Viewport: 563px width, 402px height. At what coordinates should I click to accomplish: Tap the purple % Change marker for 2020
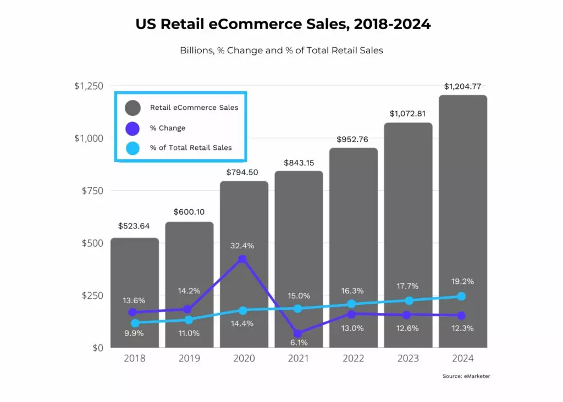[242, 259]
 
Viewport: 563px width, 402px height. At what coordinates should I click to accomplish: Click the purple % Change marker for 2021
[297, 333]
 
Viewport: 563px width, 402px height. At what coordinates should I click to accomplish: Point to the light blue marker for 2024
[461, 297]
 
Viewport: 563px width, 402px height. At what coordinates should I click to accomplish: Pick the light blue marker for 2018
[135, 323]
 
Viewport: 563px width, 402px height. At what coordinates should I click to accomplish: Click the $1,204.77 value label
[462, 86]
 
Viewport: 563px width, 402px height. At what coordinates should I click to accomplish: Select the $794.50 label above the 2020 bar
[244, 172]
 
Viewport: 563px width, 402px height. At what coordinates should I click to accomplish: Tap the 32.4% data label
[242, 245]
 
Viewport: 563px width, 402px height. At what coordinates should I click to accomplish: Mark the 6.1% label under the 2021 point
[299, 343]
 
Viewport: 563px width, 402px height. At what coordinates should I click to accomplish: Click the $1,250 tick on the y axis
[89, 86]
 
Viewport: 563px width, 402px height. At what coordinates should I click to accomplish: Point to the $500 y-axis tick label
[92, 243]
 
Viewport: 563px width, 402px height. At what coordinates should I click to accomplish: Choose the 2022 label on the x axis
[353, 359]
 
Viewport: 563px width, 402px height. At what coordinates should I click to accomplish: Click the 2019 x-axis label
[189, 359]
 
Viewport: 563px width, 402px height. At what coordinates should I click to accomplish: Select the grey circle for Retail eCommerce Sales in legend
[133, 108]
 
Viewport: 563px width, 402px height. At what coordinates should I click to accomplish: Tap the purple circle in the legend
[133, 128]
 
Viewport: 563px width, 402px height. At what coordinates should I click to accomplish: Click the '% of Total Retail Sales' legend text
[191, 148]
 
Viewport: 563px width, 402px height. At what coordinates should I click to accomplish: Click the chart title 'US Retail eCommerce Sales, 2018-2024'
[281, 24]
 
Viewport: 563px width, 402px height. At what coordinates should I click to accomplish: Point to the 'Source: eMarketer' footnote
[466, 376]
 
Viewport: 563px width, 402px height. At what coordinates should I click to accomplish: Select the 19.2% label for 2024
[462, 281]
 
